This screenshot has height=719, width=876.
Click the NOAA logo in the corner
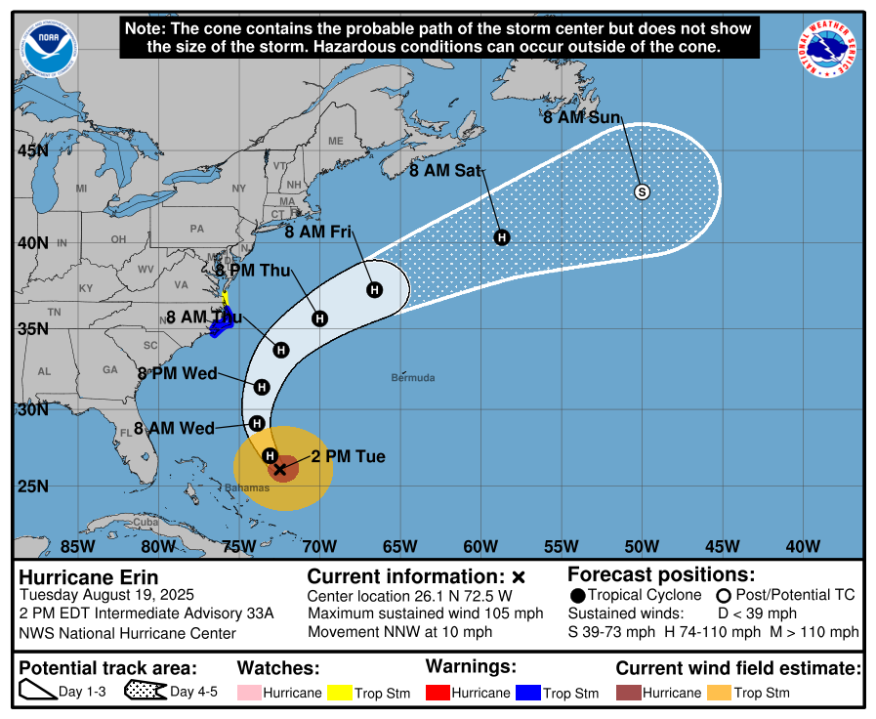[47, 49]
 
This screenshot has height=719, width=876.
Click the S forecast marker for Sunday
[642, 191]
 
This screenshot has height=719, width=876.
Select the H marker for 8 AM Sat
[502, 236]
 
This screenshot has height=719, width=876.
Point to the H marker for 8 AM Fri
[374, 289]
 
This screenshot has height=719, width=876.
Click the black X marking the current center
[280, 469]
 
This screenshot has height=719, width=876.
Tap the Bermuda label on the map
[413, 377]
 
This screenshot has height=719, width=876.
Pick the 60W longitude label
[480, 546]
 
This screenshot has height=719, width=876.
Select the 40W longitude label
[803, 546]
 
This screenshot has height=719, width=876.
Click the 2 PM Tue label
[348, 456]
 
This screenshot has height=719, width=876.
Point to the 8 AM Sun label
[582, 117]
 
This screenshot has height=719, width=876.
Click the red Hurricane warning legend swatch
[438, 693]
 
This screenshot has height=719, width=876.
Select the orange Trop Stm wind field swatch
[718, 693]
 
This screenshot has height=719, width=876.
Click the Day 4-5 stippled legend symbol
[144, 692]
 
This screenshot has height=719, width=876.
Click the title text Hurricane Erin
[89, 577]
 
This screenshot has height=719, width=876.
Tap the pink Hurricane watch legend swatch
[250, 693]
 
